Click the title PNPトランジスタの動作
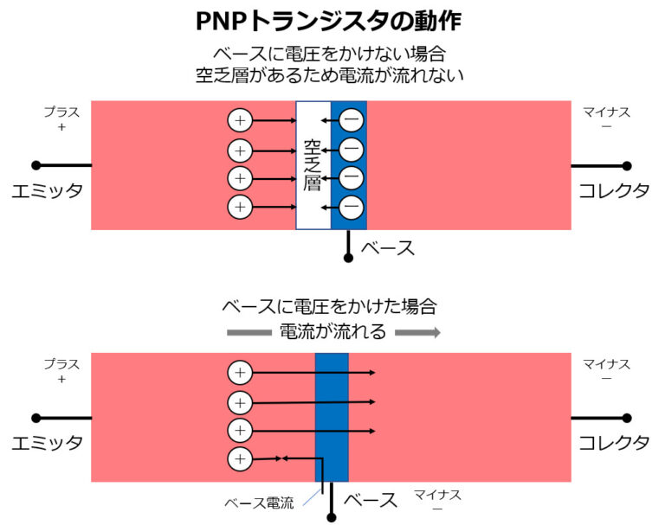point(332,20)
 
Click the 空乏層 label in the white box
point(313,164)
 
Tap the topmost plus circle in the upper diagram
point(240,121)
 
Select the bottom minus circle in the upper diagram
point(351,207)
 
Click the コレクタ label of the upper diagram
point(614,191)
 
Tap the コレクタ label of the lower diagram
point(614,443)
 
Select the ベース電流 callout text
point(259,503)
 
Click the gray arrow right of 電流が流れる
point(418,332)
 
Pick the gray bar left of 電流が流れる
point(249,332)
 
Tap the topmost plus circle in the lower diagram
point(240,373)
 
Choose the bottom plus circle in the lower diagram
point(240,458)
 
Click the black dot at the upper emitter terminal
point(36,165)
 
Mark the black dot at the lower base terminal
point(331,517)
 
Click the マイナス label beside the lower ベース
point(436,495)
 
